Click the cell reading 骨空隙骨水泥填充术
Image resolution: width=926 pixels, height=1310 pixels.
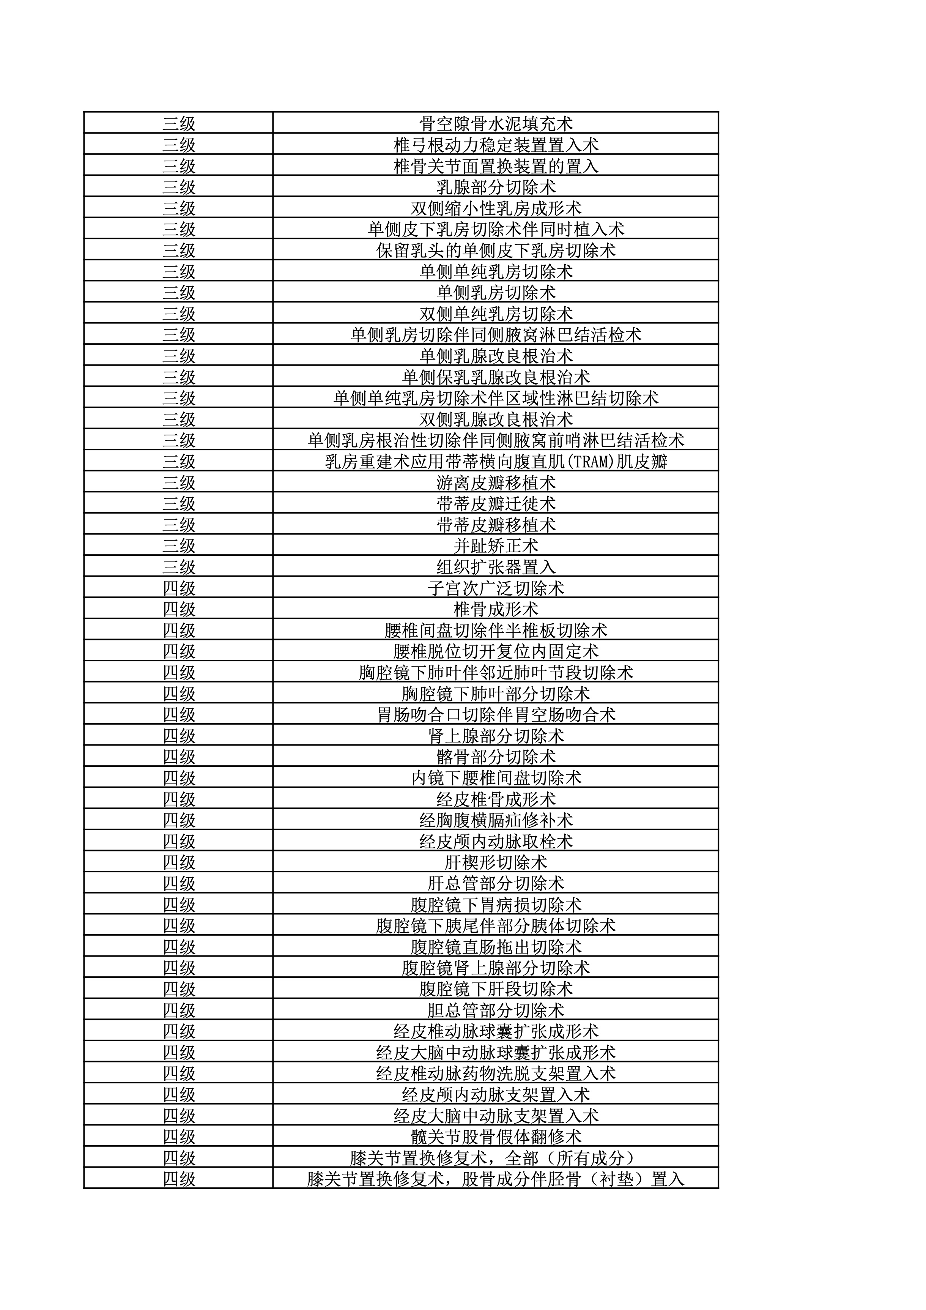[495, 123]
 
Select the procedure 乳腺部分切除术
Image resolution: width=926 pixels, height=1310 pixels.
[495, 186]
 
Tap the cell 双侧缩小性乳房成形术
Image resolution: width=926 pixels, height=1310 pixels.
[495, 208]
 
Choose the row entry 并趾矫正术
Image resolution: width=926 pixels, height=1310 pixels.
[495, 545]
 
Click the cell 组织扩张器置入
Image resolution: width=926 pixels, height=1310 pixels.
[495, 567]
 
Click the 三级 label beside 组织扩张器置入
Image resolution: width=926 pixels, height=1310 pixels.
[179, 567]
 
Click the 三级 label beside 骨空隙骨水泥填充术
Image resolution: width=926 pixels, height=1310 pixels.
[179, 123]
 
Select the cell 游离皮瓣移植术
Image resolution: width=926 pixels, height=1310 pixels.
[495, 483]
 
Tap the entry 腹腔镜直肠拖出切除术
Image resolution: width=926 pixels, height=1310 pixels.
[495, 947]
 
